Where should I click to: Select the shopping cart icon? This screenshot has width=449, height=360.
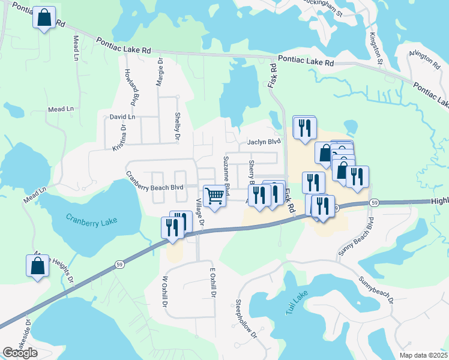click(x=215, y=195)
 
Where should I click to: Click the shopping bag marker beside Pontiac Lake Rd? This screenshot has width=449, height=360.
click(x=44, y=18)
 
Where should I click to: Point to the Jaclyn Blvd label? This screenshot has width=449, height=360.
click(x=264, y=142)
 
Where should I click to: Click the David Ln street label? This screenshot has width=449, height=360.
click(x=122, y=116)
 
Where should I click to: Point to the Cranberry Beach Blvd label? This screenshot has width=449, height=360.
click(x=154, y=182)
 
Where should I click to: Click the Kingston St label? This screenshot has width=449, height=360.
click(x=376, y=49)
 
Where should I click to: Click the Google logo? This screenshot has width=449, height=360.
click(x=20, y=353)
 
